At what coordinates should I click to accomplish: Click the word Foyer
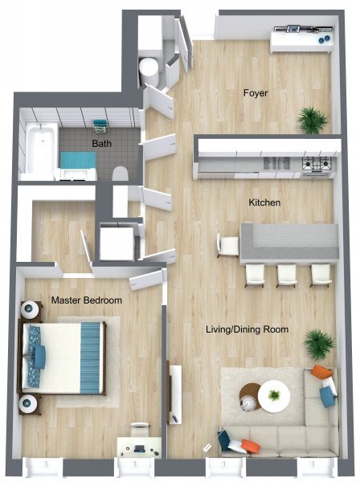pos(256,93)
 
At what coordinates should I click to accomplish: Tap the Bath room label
pos(101,144)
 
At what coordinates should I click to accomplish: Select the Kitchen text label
pos(264,202)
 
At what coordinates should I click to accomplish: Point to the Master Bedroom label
pos(87,300)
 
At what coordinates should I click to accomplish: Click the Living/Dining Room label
pos(247,329)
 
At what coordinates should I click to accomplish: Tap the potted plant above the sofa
pos(318,345)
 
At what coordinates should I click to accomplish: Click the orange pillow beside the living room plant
pos(321,372)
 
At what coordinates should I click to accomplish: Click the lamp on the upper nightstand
pos(31,308)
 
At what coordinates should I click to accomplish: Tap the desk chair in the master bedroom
pos(140,427)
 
